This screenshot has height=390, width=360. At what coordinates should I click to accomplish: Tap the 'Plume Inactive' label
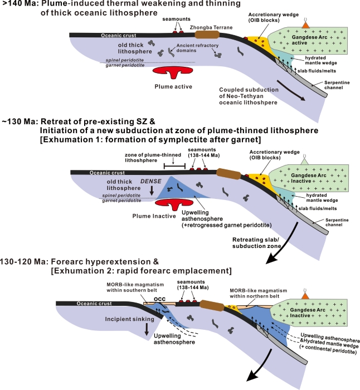pos(154,216)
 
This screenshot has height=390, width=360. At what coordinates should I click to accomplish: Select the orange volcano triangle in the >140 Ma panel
pos(305,25)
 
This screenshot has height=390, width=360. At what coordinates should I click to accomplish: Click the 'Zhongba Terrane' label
pos(211,27)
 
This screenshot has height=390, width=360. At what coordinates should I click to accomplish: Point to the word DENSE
pos(151,181)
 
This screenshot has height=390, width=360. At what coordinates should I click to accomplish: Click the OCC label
pos(159,299)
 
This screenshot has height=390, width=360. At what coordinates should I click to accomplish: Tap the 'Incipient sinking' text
pos(129,319)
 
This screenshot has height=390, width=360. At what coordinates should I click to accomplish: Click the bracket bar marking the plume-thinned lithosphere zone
pos(174,166)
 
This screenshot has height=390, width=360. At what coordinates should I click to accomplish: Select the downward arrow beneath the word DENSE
pos(152,191)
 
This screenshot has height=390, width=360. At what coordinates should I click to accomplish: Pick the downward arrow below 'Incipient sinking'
pos(147,329)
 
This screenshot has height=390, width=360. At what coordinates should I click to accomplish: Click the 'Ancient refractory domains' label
pos(197,48)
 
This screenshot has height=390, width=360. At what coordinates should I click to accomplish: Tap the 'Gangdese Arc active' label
pos(309,40)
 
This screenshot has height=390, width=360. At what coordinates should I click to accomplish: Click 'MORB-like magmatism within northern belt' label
pos(258,293)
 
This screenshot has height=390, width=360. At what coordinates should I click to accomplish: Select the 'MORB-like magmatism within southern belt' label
pos(135,287)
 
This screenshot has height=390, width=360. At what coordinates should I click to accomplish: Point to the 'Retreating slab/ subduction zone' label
pos(256,243)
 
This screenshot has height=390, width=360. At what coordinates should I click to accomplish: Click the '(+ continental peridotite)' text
pos(328,349)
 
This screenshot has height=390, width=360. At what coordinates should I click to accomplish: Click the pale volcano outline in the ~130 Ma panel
pos(304,160)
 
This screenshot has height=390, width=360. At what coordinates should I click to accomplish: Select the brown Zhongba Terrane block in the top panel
pos(207,35)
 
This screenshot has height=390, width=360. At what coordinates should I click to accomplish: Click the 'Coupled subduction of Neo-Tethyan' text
pos(249,93)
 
